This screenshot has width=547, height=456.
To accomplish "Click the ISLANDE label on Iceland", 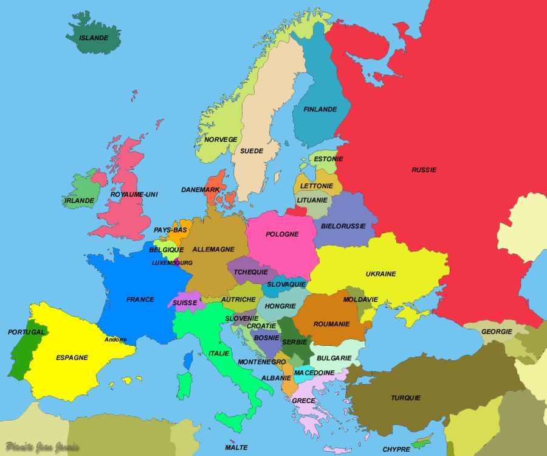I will point(94,38).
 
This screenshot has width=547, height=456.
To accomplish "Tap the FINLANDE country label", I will point(320,110).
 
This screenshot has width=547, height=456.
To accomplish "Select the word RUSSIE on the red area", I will point(424,170).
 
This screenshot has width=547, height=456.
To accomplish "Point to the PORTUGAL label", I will point(26,332).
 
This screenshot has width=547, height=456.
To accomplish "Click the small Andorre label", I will point(115,340).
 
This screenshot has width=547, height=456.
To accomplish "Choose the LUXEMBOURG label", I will point(172,263).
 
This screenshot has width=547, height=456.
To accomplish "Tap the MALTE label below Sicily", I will point(236,447).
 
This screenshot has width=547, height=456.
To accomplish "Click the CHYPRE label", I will point(396,450).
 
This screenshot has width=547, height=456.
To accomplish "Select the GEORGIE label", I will point(497,332).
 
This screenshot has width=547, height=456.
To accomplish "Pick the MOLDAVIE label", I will point(360,300).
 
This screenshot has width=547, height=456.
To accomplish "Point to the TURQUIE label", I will point(405,398).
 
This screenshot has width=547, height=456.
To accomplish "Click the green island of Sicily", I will point(232,421).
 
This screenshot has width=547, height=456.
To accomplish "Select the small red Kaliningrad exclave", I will point(297,211).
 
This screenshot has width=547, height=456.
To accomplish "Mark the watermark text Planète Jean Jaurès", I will point(43,447).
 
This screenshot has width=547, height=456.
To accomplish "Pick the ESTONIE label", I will point(328,160).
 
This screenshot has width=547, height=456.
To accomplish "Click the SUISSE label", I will point(185,303).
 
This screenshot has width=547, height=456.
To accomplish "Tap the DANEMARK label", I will point(200,190).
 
